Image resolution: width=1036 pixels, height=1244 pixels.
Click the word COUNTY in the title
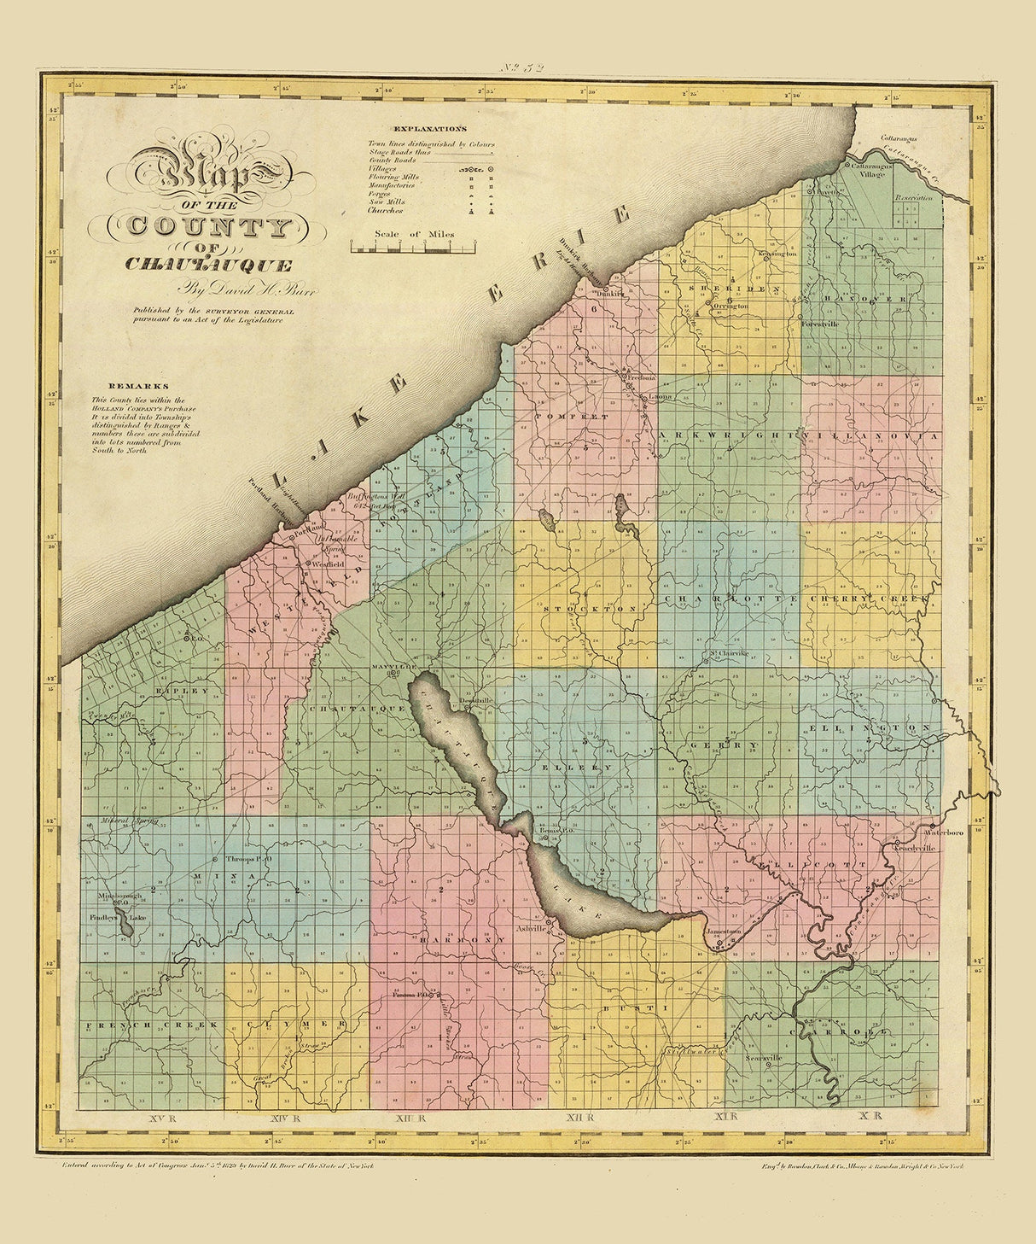[x=210, y=226]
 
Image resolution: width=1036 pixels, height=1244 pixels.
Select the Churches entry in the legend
[x=386, y=210]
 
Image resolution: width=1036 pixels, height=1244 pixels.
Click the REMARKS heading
[x=119, y=386]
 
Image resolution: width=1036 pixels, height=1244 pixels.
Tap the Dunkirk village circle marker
[x=605, y=289]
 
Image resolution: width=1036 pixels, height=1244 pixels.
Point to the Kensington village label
[x=777, y=254]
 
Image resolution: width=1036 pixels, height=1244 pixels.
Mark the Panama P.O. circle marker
[x=434, y=995]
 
